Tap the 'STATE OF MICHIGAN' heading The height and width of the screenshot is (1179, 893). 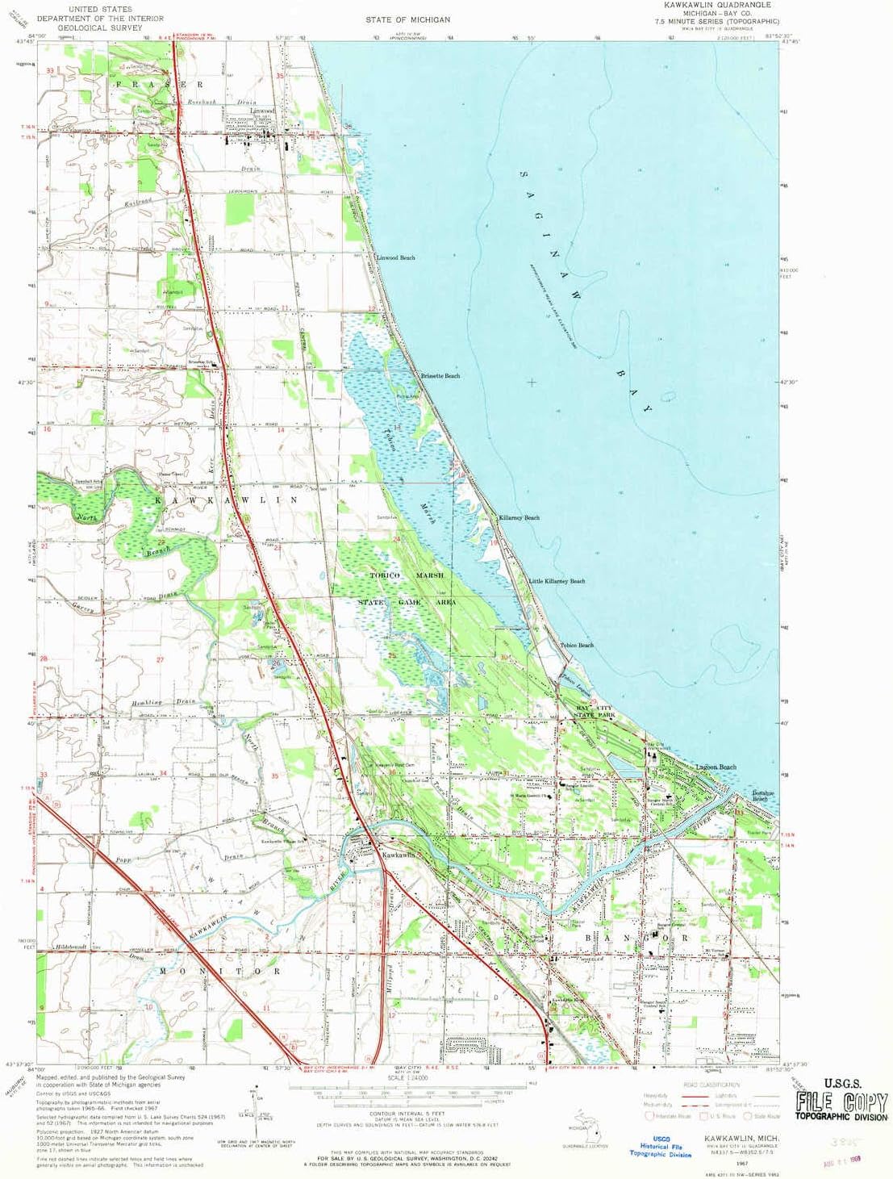(x=407, y=19)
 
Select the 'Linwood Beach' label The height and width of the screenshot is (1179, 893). (x=395, y=257)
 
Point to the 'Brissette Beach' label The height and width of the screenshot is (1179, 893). (x=440, y=376)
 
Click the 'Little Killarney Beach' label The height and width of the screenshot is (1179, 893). (x=557, y=581)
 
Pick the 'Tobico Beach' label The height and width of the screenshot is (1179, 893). (x=577, y=645)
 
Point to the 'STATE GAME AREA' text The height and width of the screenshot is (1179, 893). (x=407, y=602)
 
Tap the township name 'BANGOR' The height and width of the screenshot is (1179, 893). (x=642, y=939)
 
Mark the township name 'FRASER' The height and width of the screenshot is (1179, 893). (x=160, y=84)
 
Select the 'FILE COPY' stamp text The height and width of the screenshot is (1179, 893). (x=841, y=1102)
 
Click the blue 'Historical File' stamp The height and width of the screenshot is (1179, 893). (x=661, y=1146)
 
